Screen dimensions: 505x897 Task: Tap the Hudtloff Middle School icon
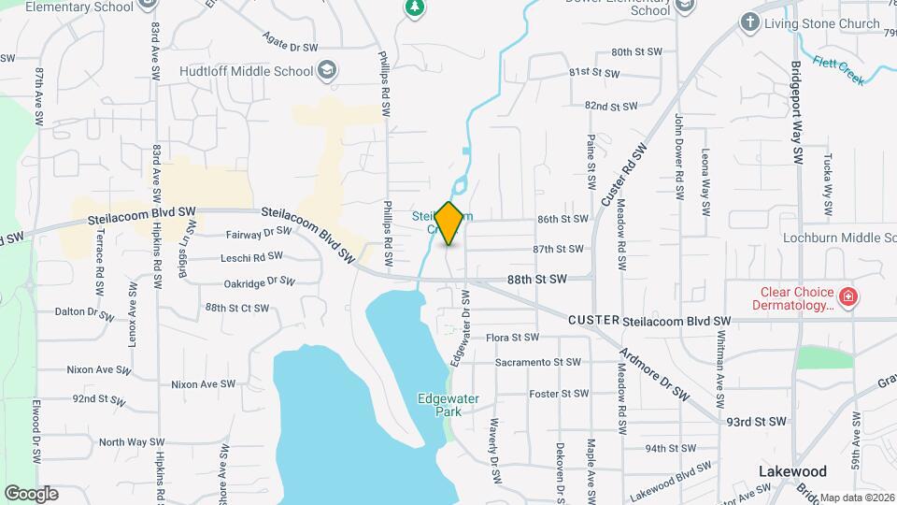coord(326,70)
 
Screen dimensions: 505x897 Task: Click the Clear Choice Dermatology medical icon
coord(848,297)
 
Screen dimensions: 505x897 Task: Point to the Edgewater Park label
coord(448,404)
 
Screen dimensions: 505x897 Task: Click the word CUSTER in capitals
coord(593,320)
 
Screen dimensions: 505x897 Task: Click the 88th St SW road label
coord(537,279)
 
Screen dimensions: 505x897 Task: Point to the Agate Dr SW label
coord(290,43)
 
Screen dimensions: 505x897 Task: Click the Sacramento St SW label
coord(533,362)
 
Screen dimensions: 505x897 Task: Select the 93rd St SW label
coord(758,422)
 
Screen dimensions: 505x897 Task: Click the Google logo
coord(31,493)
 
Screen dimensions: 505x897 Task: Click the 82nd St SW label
coord(609,106)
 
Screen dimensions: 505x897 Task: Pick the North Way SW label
coord(124,442)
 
